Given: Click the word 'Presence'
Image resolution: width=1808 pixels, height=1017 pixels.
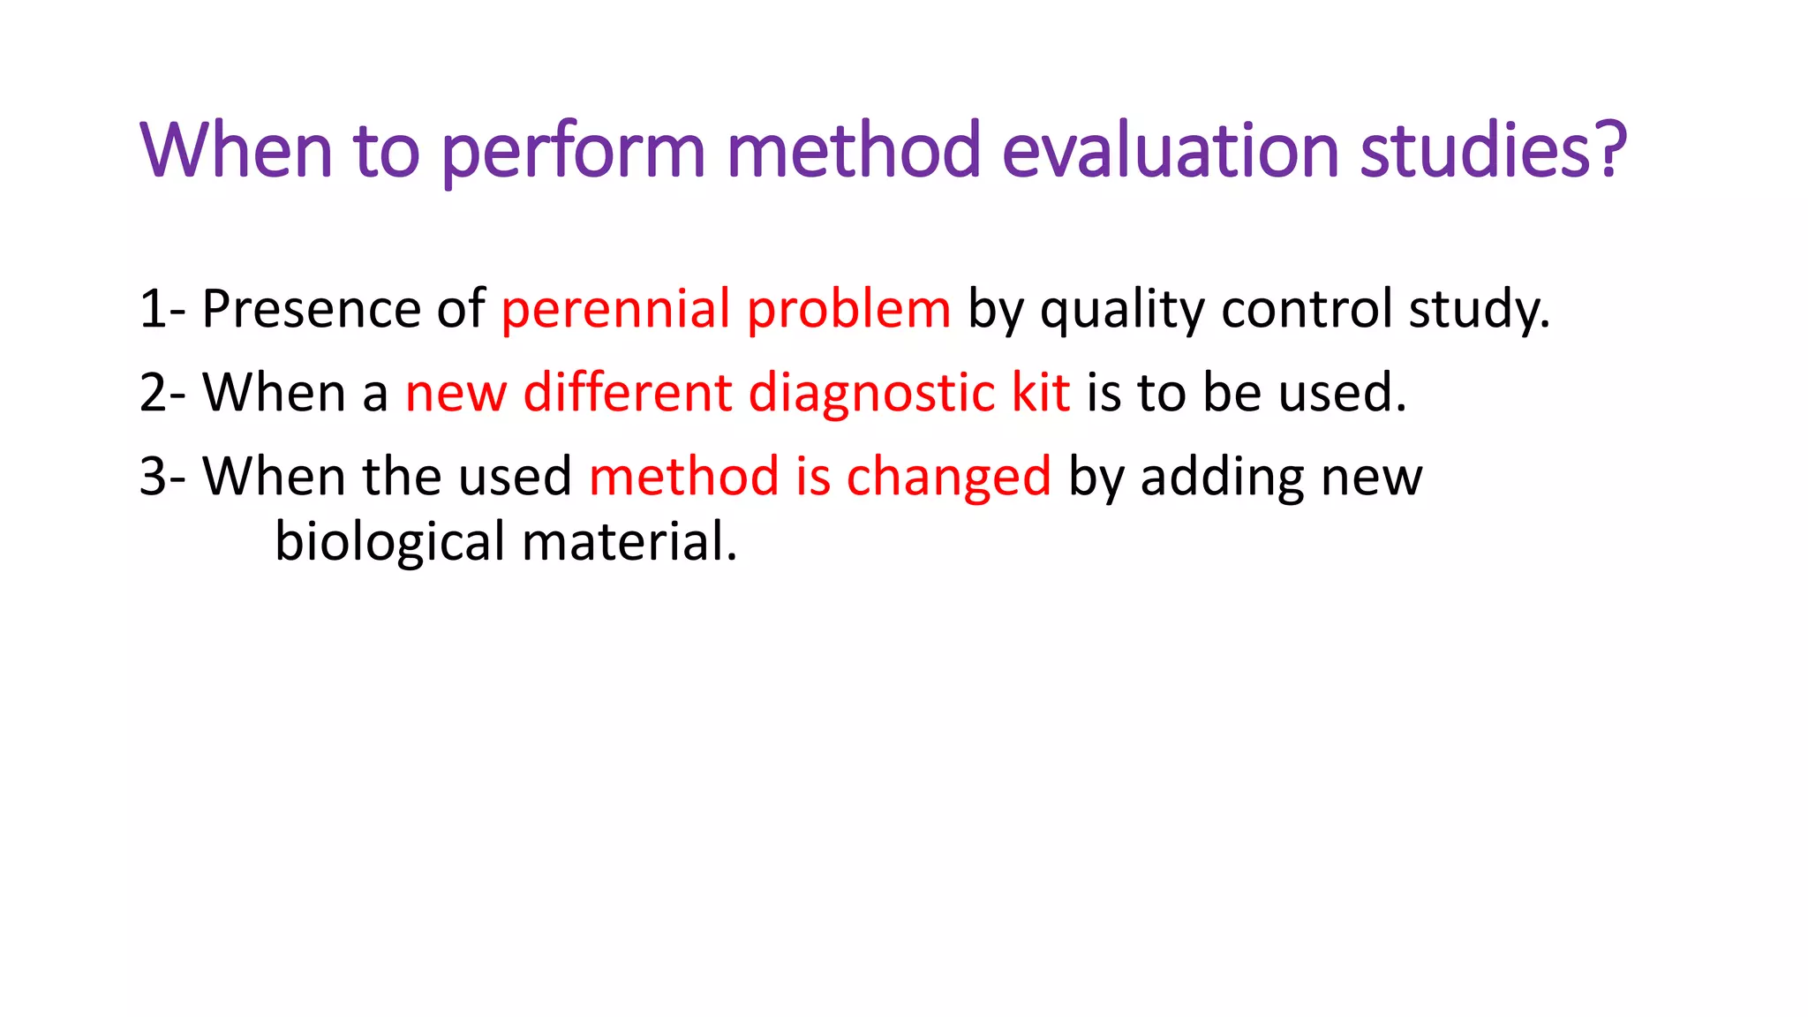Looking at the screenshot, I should coord(311,309).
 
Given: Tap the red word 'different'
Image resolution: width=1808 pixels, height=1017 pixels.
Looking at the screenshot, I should coord(628,392).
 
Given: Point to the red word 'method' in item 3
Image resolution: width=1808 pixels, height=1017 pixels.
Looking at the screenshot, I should coord(684,477).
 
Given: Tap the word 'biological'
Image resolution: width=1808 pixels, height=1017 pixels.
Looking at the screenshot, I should coord(389,542).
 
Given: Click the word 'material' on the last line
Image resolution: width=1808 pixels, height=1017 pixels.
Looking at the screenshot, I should coord(629,542).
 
